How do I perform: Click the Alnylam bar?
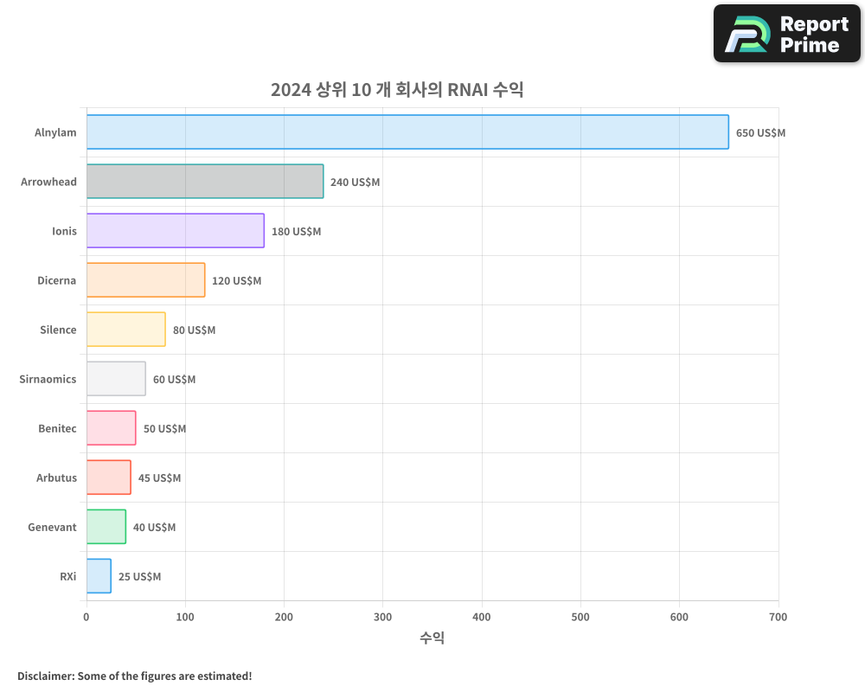point(407,132)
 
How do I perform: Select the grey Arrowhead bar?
point(205,182)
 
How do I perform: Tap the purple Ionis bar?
point(176,231)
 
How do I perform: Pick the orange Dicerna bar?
point(145,280)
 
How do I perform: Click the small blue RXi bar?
point(99,576)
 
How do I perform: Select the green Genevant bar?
point(106,527)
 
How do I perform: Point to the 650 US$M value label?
point(760,133)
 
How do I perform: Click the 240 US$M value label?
point(355,183)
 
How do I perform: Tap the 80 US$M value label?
point(194,330)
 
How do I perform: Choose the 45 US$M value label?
point(159,478)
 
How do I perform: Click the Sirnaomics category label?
point(48,379)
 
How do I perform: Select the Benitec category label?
point(57,428)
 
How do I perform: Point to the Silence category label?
point(58,330)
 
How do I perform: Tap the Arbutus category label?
point(56,477)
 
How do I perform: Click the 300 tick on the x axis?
point(383,617)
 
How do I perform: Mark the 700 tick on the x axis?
point(778,617)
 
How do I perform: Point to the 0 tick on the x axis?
point(86,617)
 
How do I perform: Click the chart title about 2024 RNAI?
point(397,90)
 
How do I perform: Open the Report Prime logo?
point(787,34)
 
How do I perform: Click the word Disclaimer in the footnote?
point(44,676)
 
